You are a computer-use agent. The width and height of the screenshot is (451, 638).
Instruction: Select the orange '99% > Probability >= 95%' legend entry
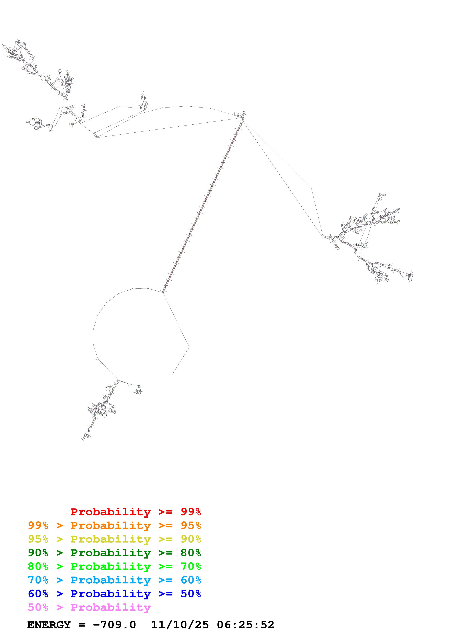click(x=114, y=525)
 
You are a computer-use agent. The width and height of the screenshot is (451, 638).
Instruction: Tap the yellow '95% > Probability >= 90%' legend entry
click(x=114, y=539)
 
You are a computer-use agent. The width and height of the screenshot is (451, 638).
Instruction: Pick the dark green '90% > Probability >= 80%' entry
click(x=114, y=553)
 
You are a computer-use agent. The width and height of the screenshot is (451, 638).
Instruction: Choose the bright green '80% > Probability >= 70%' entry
click(x=114, y=566)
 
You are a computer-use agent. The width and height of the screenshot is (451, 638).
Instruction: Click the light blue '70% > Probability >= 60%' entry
click(x=114, y=580)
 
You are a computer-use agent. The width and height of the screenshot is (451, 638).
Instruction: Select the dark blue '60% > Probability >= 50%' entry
click(x=114, y=594)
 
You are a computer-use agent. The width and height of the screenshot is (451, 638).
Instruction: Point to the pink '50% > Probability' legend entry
click(x=89, y=607)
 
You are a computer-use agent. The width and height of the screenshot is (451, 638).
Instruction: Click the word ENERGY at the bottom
click(x=49, y=625)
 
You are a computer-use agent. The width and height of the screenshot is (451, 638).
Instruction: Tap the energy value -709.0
click(x=114, y=625)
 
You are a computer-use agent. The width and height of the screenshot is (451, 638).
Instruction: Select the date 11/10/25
click(x=180, y=625)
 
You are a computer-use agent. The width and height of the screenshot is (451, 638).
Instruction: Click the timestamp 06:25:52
click(x=245, y=625)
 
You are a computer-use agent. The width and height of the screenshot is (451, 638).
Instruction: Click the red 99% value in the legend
click(x=191, y=512)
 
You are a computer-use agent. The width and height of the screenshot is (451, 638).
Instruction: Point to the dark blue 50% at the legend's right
click(x=191, y=594)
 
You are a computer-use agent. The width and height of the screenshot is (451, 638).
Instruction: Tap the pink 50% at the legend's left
click(x=38, y=607)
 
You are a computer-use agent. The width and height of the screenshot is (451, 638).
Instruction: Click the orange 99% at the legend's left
click(x=38, y=525)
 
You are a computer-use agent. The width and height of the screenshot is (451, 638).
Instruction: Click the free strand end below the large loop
click(x=172, y=375)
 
